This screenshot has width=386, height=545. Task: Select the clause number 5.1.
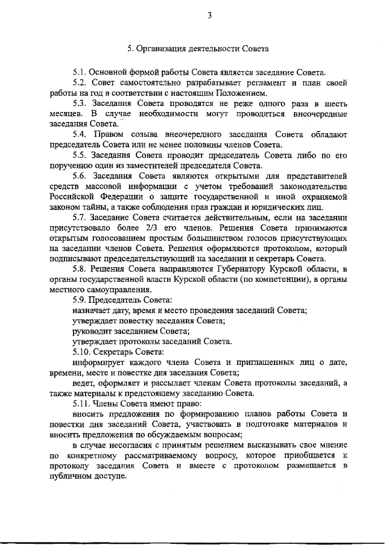click(81, 72)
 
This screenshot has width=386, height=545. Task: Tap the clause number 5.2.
click(81, 83)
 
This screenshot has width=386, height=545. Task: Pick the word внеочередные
click(318, 114)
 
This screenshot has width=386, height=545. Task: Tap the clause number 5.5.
click(81, 155)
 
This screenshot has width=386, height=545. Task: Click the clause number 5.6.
click(81, 176)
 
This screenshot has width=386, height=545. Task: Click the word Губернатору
click(236, 269)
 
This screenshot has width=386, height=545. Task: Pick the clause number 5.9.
click(81, 300)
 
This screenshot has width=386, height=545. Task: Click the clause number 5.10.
click(83, 352)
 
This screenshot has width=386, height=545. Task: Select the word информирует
click(99, 363)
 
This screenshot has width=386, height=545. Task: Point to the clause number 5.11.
click(83, 403)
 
